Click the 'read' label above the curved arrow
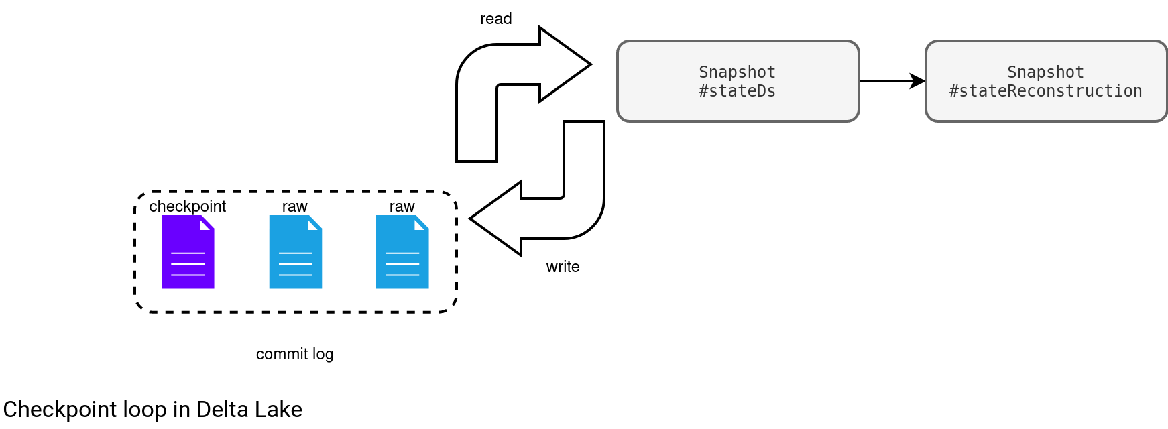click(x=496, y=19)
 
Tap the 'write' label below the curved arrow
click(x=563, y=267)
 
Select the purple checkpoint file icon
click(x=188, y=252)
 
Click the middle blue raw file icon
click(x=295, y=252)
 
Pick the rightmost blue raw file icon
click(x=402, y=252)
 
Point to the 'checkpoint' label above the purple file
click(x=188, y=206)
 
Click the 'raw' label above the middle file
click(x=295, y=206)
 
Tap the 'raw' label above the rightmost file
click(x=402, y=206)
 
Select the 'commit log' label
click(x=295, y=354)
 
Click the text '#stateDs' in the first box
click(x=738, y=91)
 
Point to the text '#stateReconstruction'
click(x=1046, y=91)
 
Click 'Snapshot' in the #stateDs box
click(x=738, y=72)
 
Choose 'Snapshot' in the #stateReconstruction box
click(x=1046, y=72)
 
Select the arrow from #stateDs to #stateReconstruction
click(x=892, y=81)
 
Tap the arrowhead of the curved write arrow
click(x=496, y=219)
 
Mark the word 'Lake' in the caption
click(x=284, y=409)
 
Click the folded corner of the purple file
click(x=207, y=223)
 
